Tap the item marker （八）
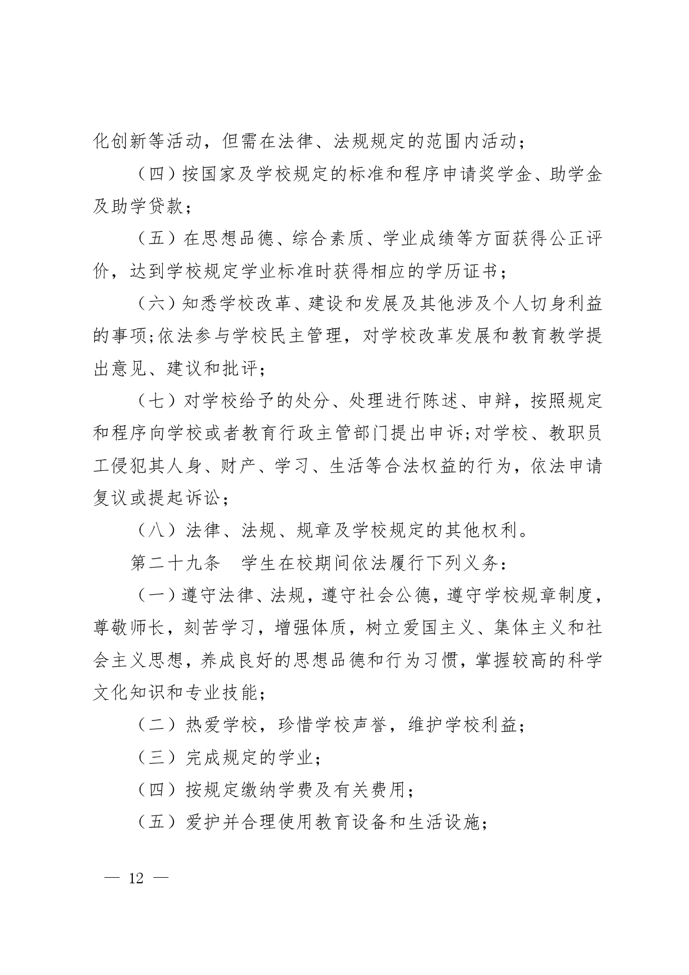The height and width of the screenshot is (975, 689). click(157, 531)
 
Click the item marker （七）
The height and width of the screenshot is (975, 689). click(157, 401)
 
